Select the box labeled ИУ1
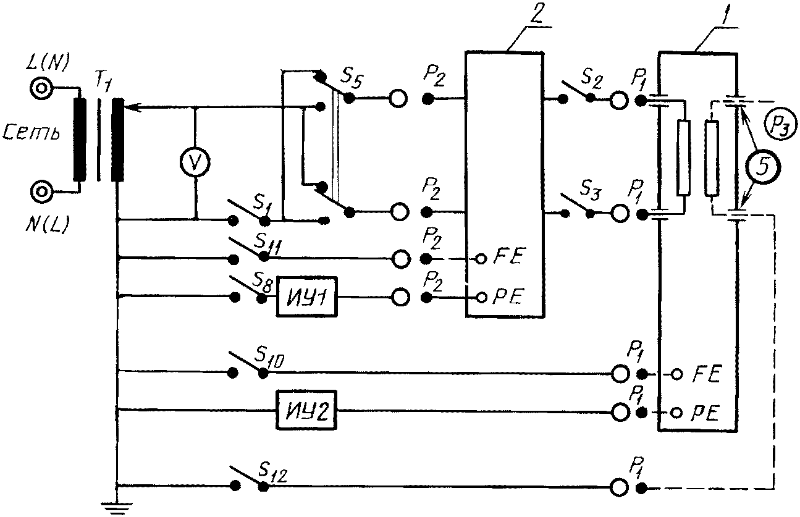tap(307, 296)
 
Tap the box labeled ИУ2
tap(306, 410)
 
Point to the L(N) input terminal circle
tap(41, 88)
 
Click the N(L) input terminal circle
tap(42, 191)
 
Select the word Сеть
tap(32, 133)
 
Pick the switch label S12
tap(272, 473)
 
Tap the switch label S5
tap(352, 79)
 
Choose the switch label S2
tap(592, 81)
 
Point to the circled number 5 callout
tap(762, 167)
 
